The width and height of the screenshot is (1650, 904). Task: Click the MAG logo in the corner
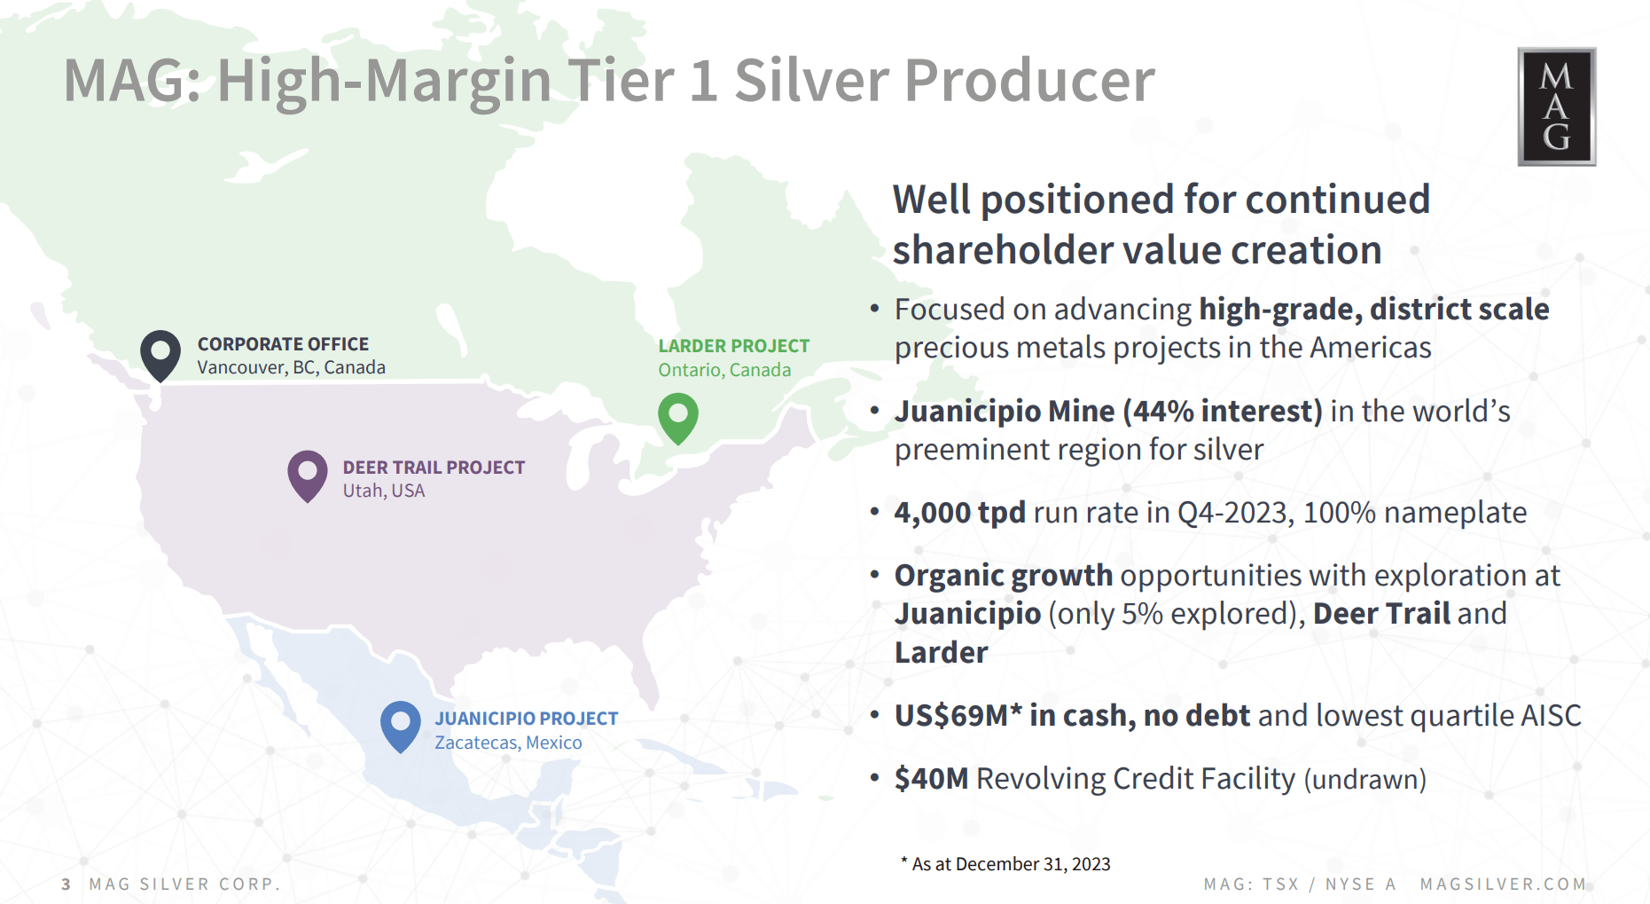(x=1556, y=106)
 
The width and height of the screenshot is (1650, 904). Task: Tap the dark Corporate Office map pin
(x=160, y=354)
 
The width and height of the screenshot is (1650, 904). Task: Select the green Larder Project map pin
(x=678, y=417)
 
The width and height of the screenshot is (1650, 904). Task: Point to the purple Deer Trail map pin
(x=308, y=475)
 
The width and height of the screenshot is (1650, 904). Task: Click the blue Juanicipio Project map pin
(x=400, y=725)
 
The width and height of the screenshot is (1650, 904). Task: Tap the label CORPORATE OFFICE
(x=283, y=344)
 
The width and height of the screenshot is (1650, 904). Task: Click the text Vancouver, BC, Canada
(x=291, y=367)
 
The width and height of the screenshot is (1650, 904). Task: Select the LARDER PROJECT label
(x=733, y=346)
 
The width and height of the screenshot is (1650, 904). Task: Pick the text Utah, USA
(x=383, y=491)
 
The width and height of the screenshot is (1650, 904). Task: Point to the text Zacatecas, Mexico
(x=508, y=743)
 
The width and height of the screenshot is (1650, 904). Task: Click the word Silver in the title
(x=811, y=81)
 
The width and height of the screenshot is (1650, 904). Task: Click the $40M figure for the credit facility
(x=931, y=778)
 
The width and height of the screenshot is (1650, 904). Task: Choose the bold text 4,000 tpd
(x=959, y=512)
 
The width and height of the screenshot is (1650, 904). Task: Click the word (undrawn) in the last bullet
(x=1365, y=779)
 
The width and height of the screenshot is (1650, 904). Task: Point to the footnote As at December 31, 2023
(x=1011, y=864)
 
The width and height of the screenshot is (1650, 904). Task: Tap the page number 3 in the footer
(x=66, y=884)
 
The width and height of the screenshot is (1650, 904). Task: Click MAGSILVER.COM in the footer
(x=1503, y=884)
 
